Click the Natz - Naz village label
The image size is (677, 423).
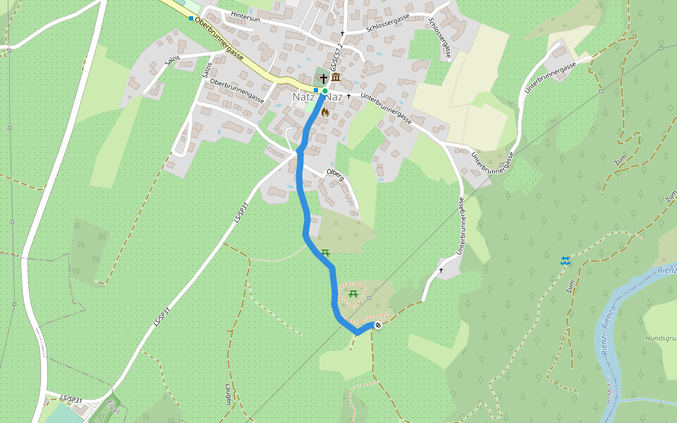pos(317,97)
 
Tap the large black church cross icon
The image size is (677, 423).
pos(324,78)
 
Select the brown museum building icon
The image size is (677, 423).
pos(336,78)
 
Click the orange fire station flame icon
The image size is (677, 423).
pos(325,111)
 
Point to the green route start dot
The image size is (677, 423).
pos(324,91)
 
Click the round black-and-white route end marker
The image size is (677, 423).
pos(378,325)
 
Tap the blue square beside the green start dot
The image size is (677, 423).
pos(316,90)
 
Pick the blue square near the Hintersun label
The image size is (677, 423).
pos(190,18)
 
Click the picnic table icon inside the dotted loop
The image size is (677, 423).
pos(353,293)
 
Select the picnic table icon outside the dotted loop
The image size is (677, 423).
pos(325,252)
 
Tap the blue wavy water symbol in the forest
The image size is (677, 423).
pos(565,261)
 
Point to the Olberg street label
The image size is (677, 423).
pos(335,174)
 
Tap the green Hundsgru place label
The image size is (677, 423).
pos(660,338)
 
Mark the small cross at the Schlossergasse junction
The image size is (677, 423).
pos(343,33)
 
